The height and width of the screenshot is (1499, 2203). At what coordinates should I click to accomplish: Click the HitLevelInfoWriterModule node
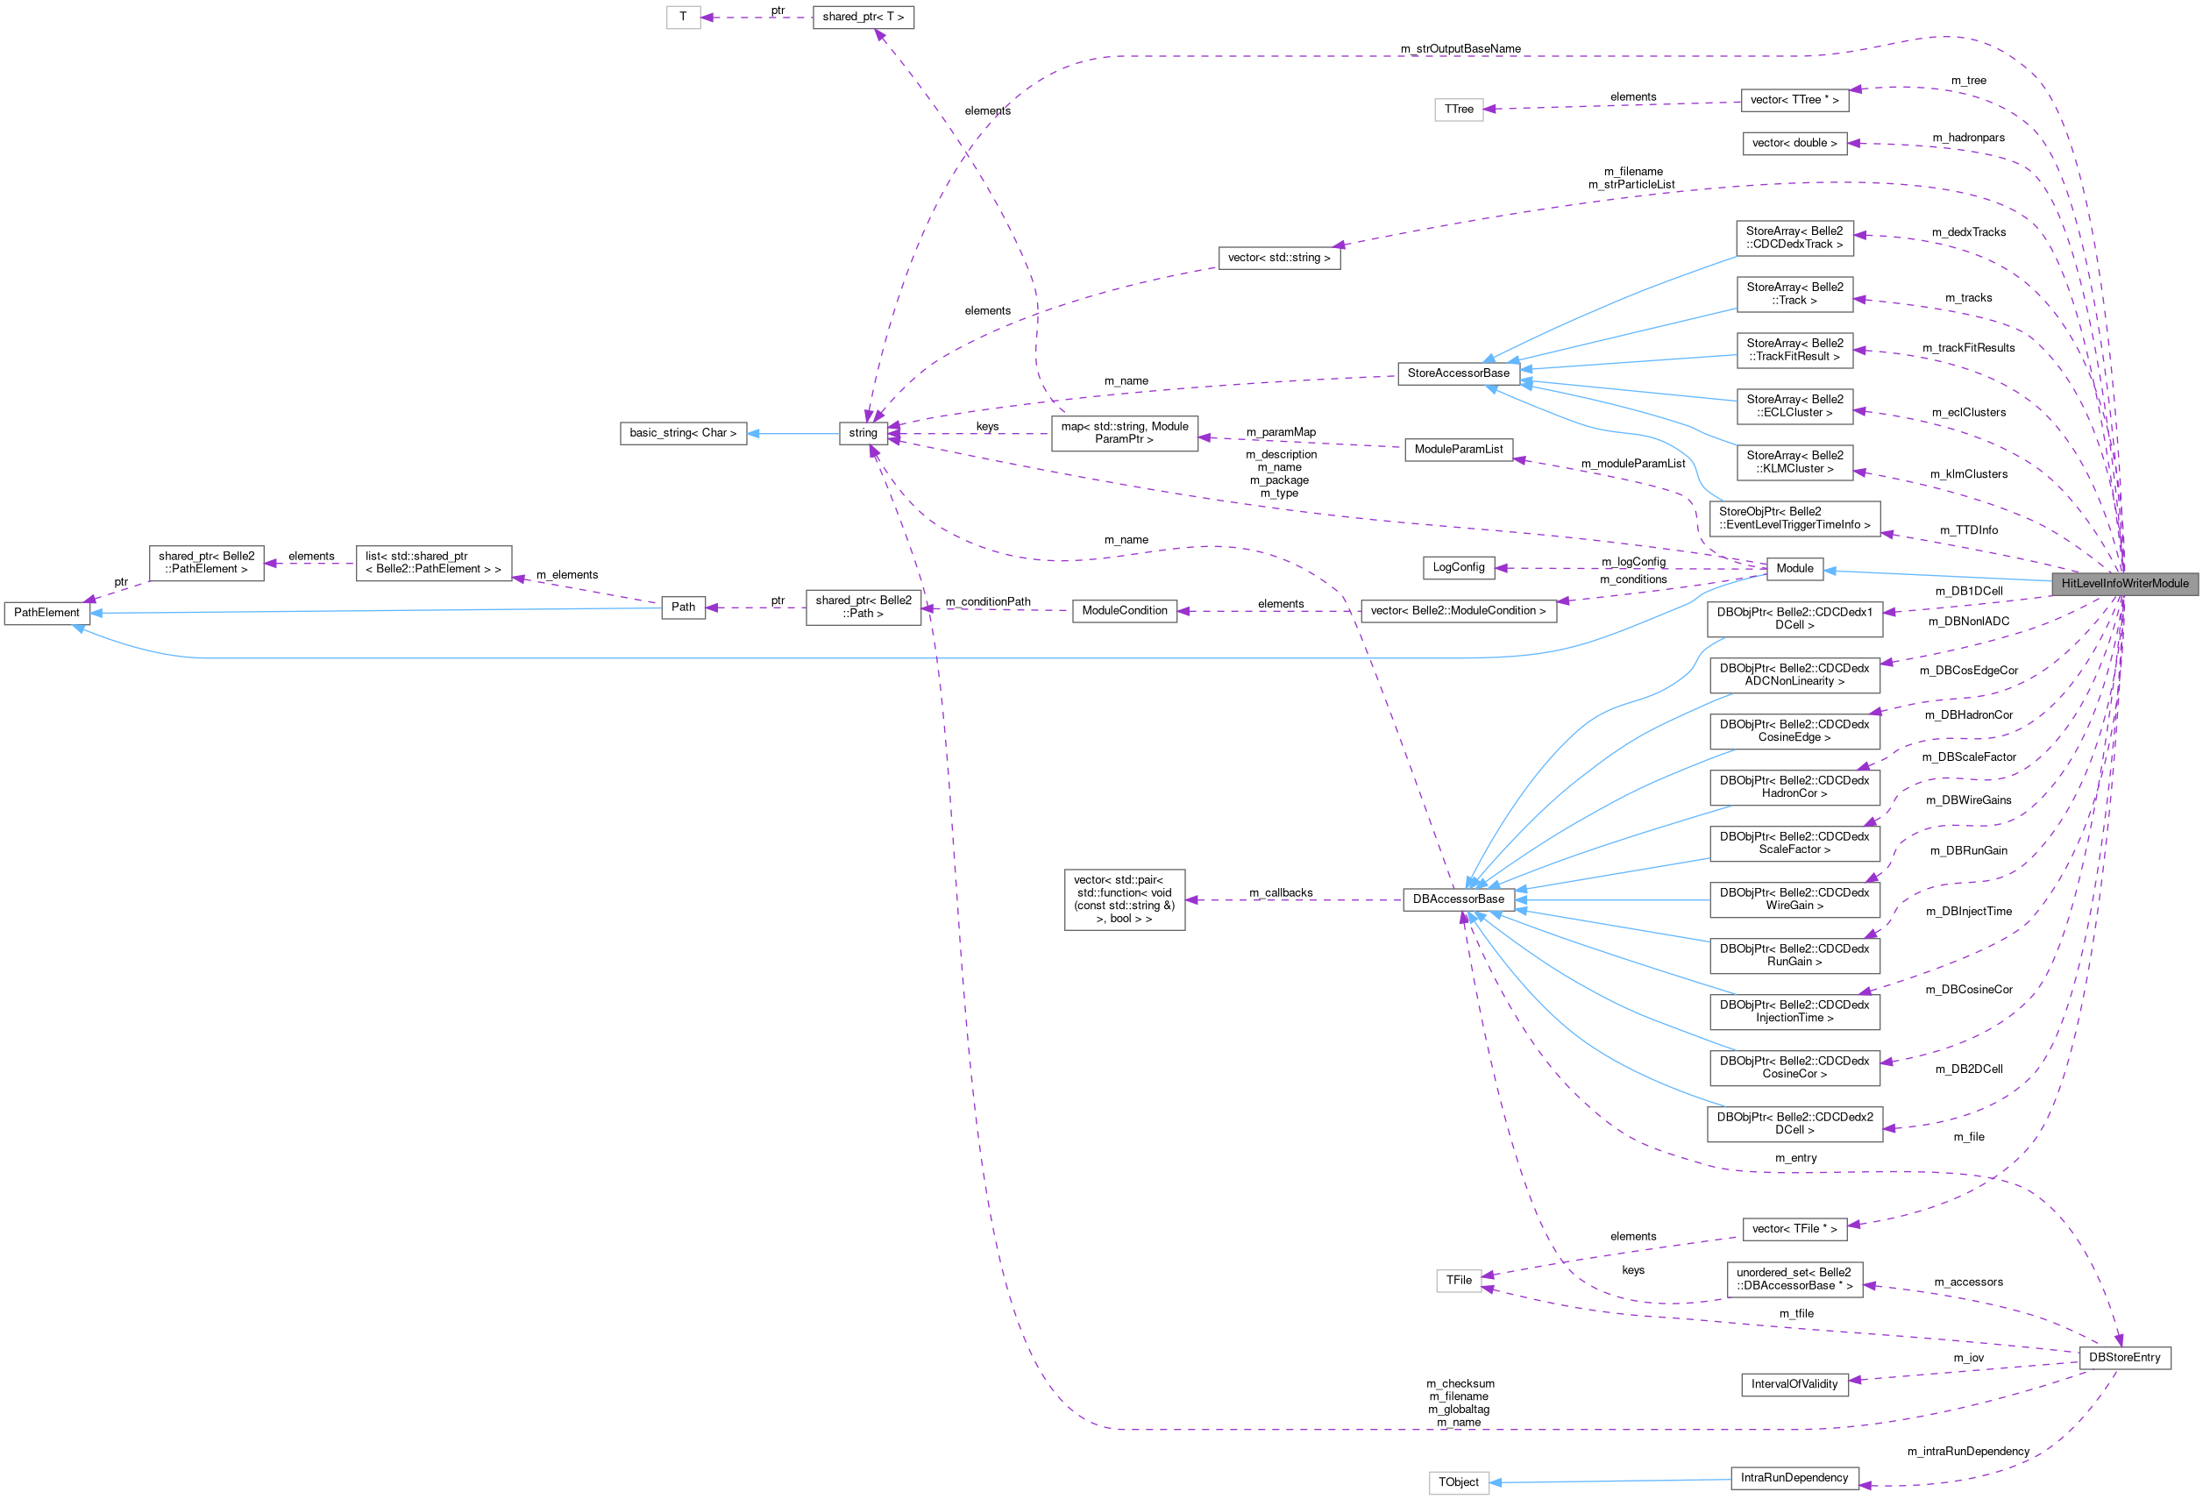click(2124, 583)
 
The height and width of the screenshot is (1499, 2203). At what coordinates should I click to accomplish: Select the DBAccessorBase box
click(1458, 899)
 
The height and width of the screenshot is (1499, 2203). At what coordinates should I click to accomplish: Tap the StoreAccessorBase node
click(1458, 373)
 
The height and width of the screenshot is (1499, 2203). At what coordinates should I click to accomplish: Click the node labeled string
click(863, 433)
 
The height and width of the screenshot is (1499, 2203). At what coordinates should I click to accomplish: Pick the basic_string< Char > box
click(683, 433)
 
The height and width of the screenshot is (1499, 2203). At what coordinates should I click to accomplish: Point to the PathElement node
click(46, 613)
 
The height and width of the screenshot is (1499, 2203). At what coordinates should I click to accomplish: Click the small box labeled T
click(683, 17)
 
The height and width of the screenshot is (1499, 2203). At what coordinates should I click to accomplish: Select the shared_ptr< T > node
click(863, 17)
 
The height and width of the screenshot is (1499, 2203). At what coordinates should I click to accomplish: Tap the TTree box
click(1458, 109)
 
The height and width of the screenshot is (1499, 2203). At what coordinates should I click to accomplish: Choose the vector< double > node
click(1794, 143)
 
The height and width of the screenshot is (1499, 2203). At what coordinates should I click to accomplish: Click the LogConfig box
click(1458, 567)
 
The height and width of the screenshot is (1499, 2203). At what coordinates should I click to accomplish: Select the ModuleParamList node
click(1458, 450)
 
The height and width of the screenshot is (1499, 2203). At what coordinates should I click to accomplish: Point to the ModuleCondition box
click(1124, 611)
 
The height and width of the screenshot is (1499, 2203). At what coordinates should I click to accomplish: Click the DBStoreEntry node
click(2124, 1358)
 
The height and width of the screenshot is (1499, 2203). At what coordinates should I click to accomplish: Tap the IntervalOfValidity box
click(1794, 1384)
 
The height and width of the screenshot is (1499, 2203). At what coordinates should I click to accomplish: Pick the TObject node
click(1458, 1482)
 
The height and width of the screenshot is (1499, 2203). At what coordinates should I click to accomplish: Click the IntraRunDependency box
click(1794, 1477)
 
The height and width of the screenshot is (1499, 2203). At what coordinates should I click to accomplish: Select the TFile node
click(1458, 1280)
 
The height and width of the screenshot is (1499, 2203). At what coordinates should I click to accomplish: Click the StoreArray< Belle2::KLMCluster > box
click(1794, 462)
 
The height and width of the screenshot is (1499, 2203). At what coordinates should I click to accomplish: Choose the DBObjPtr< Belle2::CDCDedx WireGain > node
click(1794, 899)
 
